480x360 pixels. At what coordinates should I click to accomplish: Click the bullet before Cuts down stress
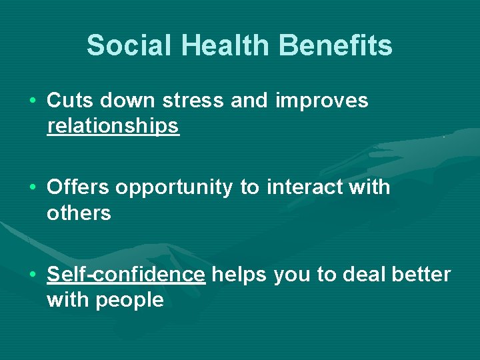coord(33,101)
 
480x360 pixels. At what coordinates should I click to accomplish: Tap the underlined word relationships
coord(113,126)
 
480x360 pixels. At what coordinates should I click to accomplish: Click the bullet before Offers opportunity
coord(33,188)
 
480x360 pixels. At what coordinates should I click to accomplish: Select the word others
coord(79,213)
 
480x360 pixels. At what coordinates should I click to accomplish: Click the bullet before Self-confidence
coord(33,275)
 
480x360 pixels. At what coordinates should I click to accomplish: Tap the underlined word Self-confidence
coord(126,275)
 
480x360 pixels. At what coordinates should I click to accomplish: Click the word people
coord(129,301)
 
